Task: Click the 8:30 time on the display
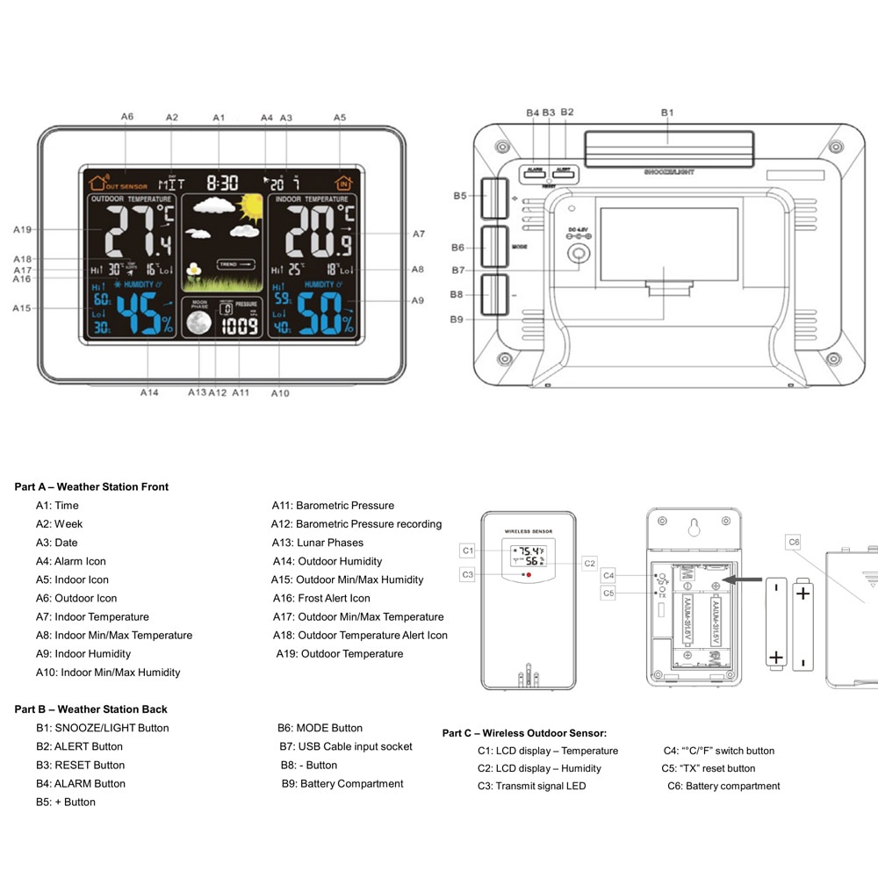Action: [x=223, y=183]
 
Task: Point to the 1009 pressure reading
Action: [x=240, y=327]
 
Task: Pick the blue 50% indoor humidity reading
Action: [x=325, y=314]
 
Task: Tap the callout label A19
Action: [x=23, y=230]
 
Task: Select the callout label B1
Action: [x=667, y=112]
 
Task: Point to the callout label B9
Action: [x=457, y=320]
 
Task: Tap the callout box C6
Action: [x=794, y=543]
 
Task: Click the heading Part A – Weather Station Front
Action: [x=91, y=486]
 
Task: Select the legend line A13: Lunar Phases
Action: [x=318, y=543]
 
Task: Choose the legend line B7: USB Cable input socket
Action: [x=345, y=746]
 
